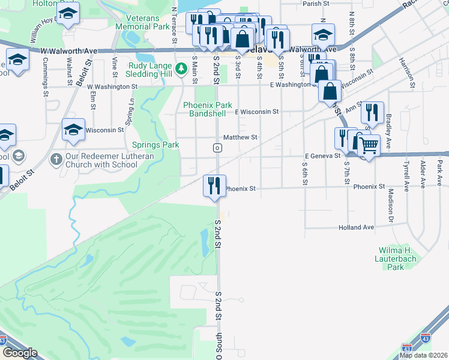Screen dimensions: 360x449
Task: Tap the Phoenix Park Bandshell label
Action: point(208,109)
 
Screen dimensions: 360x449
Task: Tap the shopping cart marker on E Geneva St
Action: point(369,143)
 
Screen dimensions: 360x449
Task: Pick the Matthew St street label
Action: point(240,137)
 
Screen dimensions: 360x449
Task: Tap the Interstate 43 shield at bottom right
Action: point(426,340)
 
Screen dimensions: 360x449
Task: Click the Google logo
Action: point(20,353)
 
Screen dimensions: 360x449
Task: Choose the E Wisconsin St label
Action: point(257,112)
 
